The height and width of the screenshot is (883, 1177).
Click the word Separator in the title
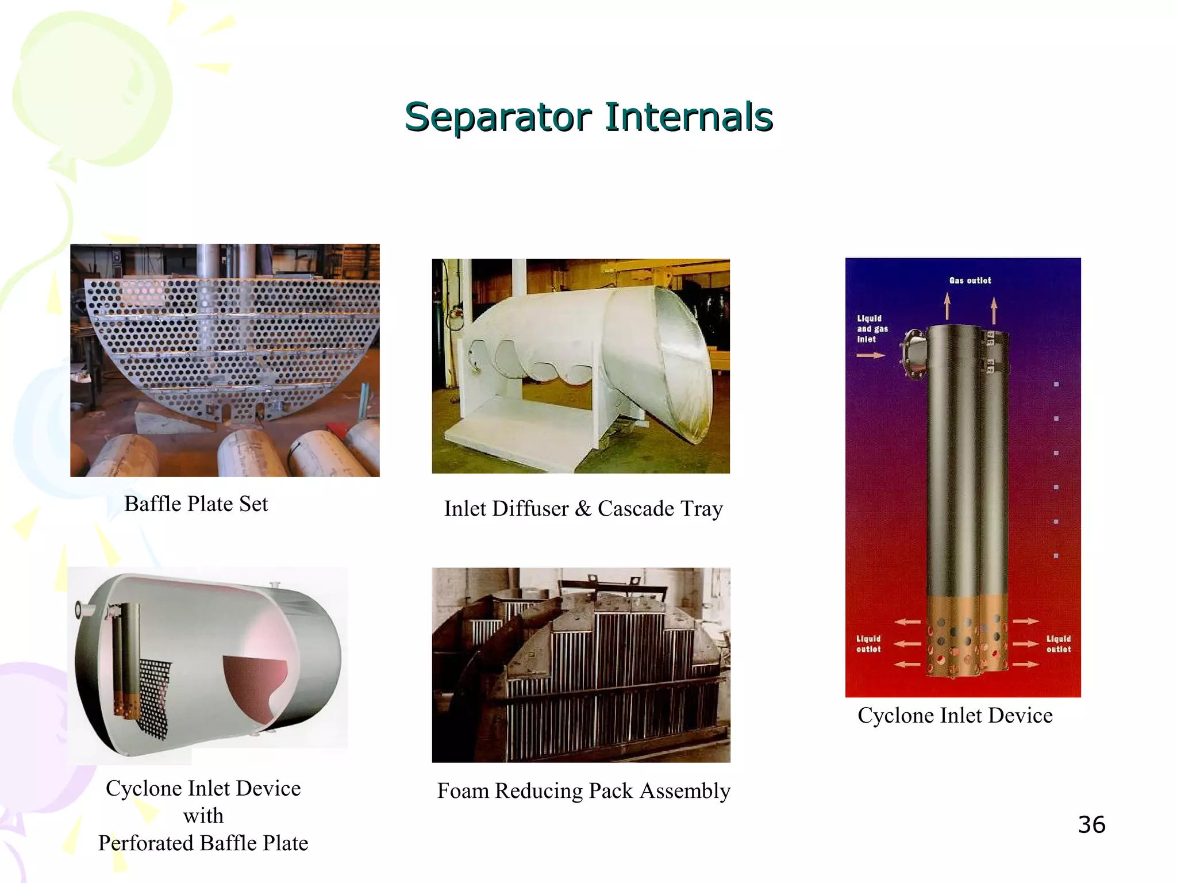[498, 117]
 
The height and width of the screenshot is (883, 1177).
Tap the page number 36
[1091, 825]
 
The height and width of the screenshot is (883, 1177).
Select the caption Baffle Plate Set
[196, 504]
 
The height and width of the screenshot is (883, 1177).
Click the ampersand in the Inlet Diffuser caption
[583, 509]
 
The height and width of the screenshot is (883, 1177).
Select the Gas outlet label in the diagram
[970, 281]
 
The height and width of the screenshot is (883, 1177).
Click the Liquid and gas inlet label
[872, 329]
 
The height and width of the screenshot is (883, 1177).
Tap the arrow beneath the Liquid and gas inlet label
[870, 356]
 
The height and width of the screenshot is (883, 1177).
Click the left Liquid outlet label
[868, 644]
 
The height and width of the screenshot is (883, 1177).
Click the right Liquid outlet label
[1058, 644]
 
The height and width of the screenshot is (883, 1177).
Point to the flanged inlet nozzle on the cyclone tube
[913, 353]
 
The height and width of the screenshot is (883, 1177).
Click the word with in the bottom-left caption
[203, 816]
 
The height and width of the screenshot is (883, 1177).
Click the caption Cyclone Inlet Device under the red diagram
[955, 716]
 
